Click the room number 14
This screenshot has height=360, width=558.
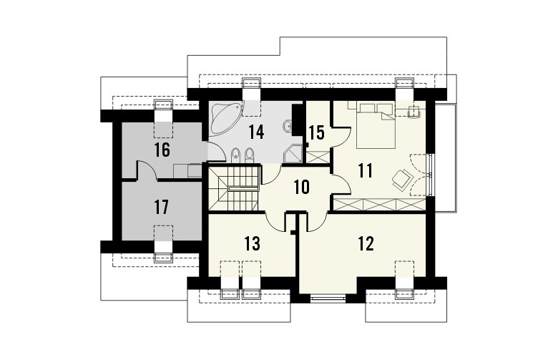coord(256,132)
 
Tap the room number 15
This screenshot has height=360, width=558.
coord(316,133)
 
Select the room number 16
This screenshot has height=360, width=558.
coord(162,150)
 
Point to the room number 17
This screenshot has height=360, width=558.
coord(161,208)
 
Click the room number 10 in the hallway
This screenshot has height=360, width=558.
coord(302,188)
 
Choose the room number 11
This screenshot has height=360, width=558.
coord(366,170)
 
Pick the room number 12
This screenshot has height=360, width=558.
coord(366,243)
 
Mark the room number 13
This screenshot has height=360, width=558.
coord(253,243)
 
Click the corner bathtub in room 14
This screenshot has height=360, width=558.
coord(224,118)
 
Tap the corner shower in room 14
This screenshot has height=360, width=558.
coord(293,153)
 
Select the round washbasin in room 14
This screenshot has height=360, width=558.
coord(288,126)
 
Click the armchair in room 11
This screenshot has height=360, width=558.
coord(402,178)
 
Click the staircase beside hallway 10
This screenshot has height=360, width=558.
coord(233,189)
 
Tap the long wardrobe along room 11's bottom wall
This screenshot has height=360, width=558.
coord(379,205)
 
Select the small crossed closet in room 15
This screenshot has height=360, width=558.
coord(318,157)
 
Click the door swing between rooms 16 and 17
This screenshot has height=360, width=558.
coord(147,170)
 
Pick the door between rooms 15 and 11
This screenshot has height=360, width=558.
coord(341,137)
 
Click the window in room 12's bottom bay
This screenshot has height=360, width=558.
coord(328,298)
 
